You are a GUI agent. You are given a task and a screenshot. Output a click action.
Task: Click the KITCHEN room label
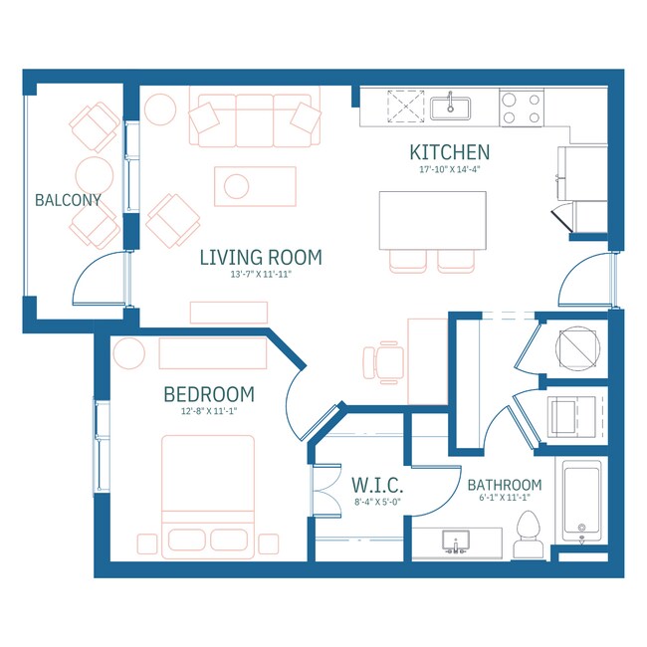click(450, 152)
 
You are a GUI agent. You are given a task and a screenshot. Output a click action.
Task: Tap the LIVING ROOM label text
click(261, 258)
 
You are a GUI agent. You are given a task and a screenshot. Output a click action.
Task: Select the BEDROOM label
click(209, 394)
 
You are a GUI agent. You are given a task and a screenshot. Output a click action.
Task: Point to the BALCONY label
click(68, 200)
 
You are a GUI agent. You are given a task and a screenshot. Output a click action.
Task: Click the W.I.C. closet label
click(377, 486)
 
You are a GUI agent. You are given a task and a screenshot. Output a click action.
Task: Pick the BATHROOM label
click(505, 485)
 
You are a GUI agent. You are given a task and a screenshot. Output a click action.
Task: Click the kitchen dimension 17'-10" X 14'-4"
click(450, 169)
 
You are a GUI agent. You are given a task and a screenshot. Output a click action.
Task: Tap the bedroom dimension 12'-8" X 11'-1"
click(209, 411)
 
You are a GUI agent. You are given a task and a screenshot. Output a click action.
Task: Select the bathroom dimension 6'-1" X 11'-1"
click(505, 498)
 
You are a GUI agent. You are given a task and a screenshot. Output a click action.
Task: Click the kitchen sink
click(450, 108)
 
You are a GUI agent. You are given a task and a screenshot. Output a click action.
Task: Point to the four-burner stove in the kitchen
click(522, 108)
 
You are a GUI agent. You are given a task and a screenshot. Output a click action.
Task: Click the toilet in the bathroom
click(529, 536)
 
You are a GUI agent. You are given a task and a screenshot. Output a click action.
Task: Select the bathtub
click(582, 500)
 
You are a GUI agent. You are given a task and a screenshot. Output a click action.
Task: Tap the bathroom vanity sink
click(456, 542)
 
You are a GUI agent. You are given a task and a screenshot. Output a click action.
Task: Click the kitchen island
click(432, 220)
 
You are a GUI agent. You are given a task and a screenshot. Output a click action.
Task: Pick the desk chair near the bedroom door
click(383, 362)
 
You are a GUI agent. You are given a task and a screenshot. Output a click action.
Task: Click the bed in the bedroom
click(208, 497)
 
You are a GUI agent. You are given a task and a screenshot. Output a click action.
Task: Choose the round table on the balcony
click(95, 175)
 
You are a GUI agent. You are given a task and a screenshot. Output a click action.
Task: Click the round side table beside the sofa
click(160, 109)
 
